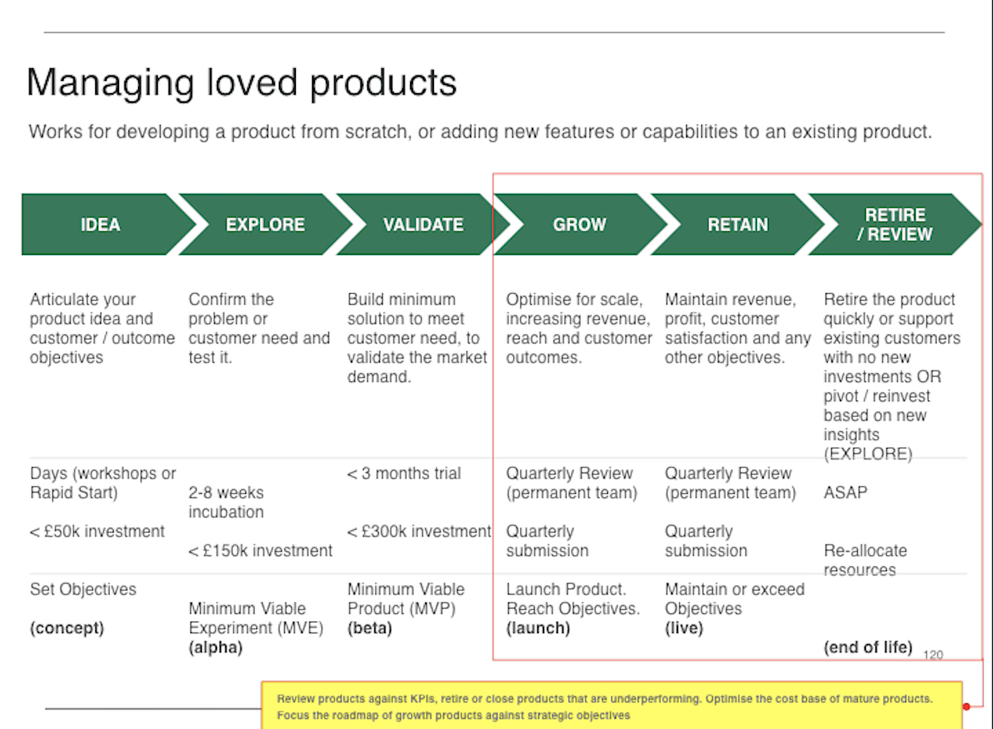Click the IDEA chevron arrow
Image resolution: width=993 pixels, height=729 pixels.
tap(101, 224)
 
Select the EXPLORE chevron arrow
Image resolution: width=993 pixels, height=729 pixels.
tap(265, 224)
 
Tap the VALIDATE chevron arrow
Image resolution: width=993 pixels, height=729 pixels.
tap(422, 224)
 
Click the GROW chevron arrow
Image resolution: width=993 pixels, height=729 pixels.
tap(579, 224)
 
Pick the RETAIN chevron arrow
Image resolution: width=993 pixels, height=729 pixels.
tap(737, 224)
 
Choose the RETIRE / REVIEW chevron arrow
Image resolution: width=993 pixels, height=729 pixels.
tap(894, 224)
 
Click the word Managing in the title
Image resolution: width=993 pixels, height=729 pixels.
tap(110, 84)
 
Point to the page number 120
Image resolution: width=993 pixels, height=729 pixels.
tap(932, 655)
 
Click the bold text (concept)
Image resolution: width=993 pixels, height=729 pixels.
tap(67, 628)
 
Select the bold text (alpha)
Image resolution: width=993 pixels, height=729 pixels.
tap(215, 647)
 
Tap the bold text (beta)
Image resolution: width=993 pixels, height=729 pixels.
tap(369, 628)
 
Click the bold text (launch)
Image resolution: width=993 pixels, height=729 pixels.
tap(537, 628)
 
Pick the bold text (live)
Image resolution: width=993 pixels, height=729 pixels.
tap(684, 628)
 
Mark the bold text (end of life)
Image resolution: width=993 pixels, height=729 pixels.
tap(868, 647)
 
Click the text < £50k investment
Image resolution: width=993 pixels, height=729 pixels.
tap(97, 531)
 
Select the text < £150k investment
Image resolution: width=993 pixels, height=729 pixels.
tap(260, 550)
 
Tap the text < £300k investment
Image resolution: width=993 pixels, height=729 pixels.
tap(419, 531)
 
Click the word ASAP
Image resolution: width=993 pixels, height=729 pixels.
tap(845, 492)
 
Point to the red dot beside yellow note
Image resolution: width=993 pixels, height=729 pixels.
tap(966, 707)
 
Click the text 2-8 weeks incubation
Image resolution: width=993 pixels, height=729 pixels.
tap(226, 502)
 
